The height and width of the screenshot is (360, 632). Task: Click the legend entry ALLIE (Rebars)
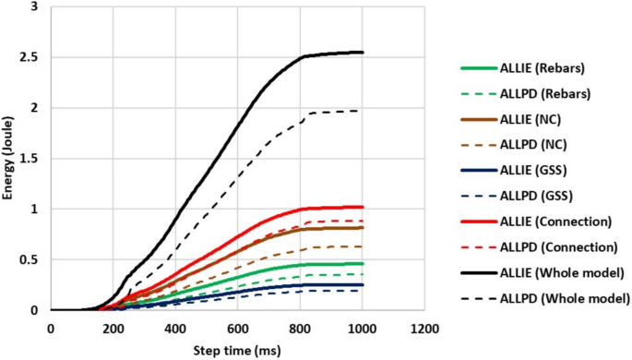click(543, 67)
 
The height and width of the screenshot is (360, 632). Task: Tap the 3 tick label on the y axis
click(35, 7)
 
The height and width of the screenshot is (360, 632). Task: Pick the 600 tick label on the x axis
click(238, 330)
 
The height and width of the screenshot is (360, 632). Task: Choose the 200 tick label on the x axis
click(113, 330)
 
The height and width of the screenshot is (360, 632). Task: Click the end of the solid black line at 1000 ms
click(364, 53)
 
